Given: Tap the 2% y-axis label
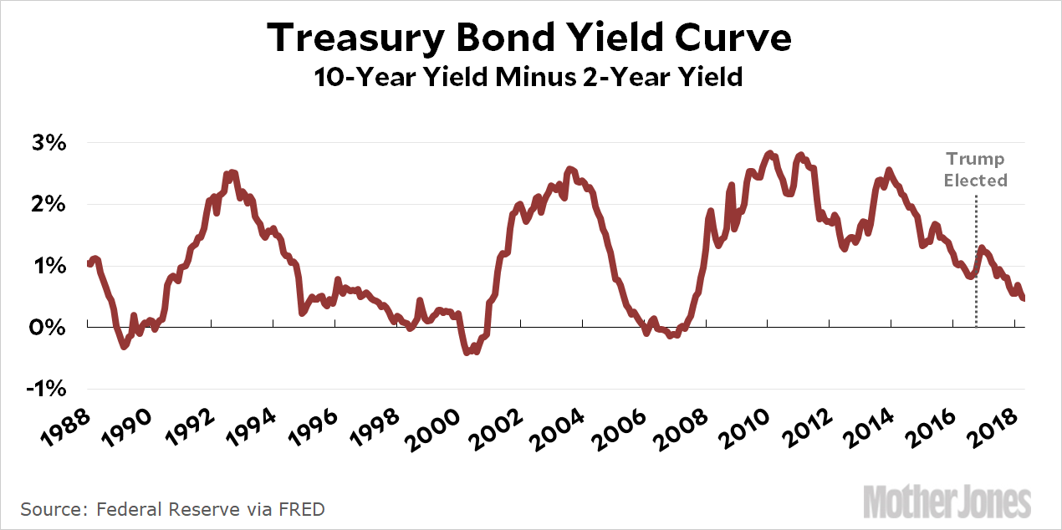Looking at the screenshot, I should (51, 205).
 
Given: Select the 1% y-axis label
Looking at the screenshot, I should (51, 267).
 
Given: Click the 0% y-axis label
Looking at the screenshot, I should (51, 328).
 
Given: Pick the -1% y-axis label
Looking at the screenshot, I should (49, 390).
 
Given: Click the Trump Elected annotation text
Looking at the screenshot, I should (975, 169).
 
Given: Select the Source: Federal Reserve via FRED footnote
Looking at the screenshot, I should (172, 509).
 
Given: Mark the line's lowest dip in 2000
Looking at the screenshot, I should (467, 353).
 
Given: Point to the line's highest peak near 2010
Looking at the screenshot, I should (771, 155).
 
